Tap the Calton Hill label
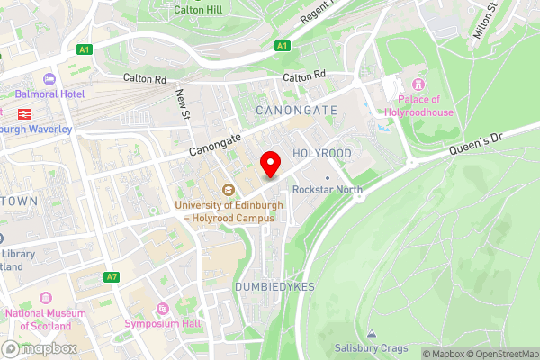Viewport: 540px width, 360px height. (199, 9)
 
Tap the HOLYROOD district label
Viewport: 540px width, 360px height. (321, 154)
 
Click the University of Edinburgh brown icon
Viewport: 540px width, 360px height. (229, 190)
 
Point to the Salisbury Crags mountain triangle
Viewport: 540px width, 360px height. (371, 333)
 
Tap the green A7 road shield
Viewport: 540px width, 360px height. (112, 276)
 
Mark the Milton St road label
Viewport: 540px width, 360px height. (485, 21)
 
